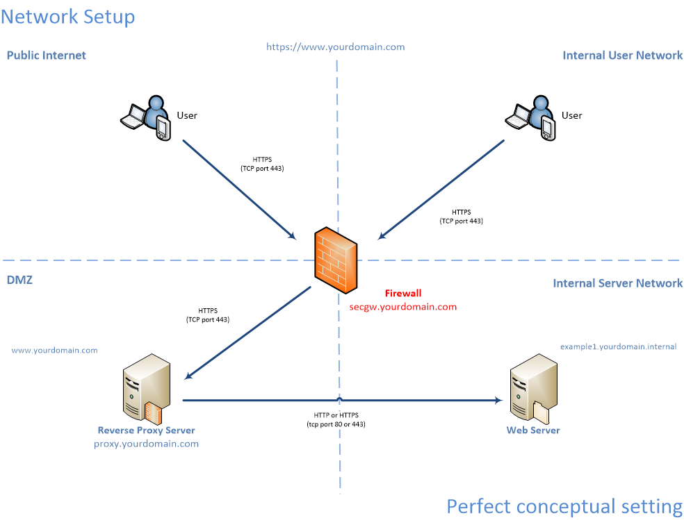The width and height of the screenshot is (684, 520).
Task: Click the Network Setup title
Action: [67, 16]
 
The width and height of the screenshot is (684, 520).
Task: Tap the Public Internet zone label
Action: [46, 56]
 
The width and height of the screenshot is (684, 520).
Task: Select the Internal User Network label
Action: [622, 56]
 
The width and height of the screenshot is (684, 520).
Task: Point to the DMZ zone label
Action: [19, 280]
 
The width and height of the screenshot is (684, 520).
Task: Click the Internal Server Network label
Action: [617, 283]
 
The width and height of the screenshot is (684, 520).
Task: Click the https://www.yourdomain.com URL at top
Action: [335, 47]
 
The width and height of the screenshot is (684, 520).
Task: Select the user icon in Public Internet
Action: [147, 118]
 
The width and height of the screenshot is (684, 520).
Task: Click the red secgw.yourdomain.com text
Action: [402, 306]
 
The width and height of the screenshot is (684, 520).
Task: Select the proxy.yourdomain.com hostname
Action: [146, 444]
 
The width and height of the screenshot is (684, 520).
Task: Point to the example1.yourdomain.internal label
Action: [618, 346]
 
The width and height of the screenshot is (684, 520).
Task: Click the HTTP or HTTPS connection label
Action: [336, 419]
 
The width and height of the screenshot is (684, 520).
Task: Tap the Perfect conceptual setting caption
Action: [564, 506]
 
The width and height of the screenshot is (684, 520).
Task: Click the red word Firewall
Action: [403, 294]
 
